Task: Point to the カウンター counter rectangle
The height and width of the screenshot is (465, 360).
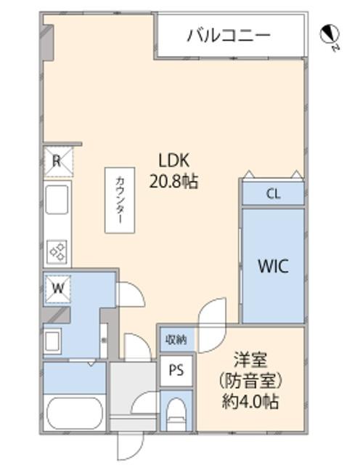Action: (x=119, y=199)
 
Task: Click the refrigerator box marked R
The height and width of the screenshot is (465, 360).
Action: (x=57, y=162)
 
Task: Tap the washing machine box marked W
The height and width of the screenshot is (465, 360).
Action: (x=57, y=288)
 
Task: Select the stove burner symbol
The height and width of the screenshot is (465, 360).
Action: (x=57, y=251)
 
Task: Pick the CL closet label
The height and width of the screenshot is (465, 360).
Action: (x=272, y=194)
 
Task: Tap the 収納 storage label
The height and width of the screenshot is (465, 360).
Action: (x=176, y=339)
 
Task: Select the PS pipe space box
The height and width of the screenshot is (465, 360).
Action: (x=176, y=370)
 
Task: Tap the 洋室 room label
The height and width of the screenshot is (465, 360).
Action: (x=248, y=359)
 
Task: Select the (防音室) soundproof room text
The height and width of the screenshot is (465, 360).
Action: (x=249, y=379)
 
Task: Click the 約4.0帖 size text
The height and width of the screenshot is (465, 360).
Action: (x=249, y=400)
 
